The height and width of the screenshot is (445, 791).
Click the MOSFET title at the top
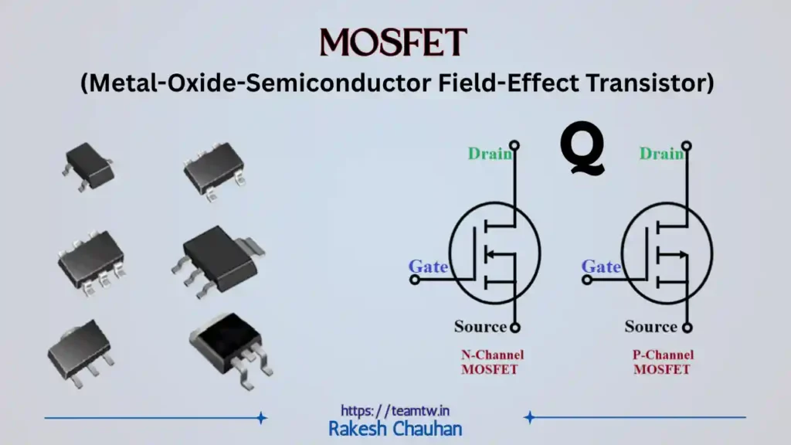tap(394, 42)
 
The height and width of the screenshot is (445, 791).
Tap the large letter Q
tap(582, 152)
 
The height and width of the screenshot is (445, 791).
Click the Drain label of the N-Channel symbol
tap(490, 154)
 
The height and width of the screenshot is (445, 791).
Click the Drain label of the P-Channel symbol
tap(661, 154)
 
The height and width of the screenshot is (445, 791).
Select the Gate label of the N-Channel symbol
tap(428, 267)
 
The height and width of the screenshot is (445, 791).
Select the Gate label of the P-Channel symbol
tap(601, 267)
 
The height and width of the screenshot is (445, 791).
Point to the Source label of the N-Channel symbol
tap(480, 326)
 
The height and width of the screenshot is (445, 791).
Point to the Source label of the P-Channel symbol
tap(650, 326)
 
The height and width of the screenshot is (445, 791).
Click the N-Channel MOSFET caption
tap(492, 362)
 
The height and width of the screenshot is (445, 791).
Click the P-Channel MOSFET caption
tap(662, 362)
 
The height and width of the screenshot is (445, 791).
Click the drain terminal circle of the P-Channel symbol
tap(687, 145)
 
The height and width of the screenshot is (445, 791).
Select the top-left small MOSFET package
tap(88, 165)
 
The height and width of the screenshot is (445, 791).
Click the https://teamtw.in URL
tap(395, 410)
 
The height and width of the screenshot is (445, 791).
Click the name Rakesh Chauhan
tap(395, 429)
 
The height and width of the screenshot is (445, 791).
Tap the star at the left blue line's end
tap(261, 418)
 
